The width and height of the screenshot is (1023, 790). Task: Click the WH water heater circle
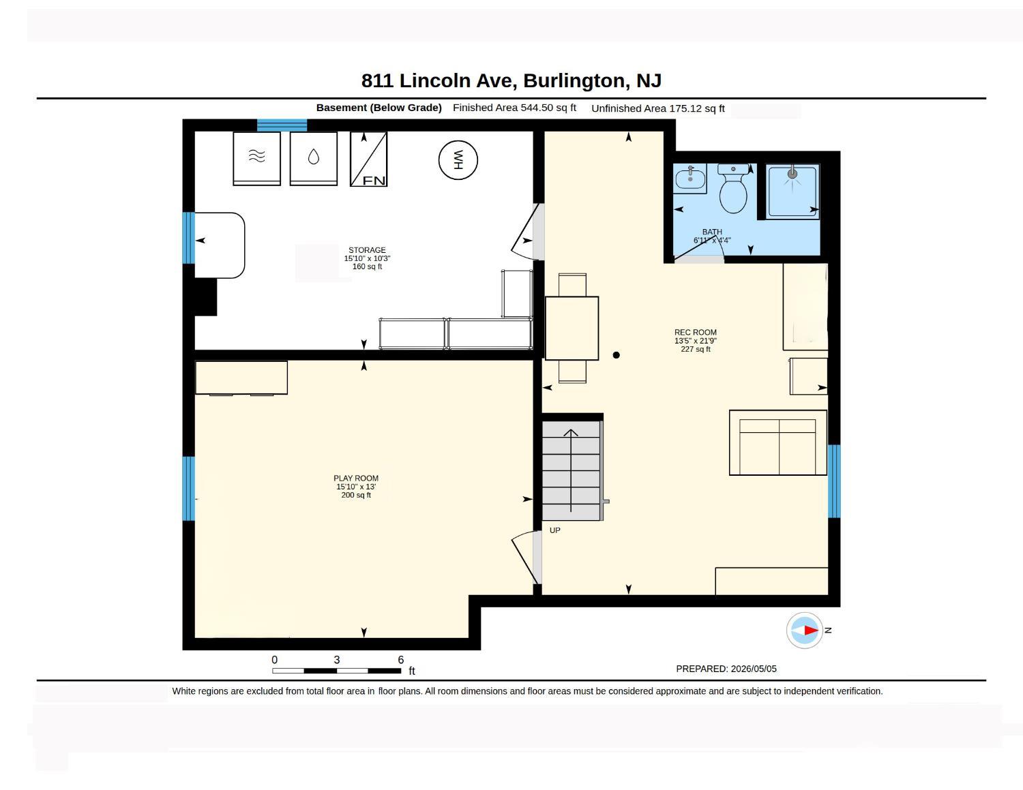(x=458, y=160)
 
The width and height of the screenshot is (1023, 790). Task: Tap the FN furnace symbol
(x=368, y=159)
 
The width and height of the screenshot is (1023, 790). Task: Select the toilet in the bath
(x=732, y=188)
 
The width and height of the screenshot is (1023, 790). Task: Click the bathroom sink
(x=690, y=179)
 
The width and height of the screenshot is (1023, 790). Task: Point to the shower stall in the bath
(x=792, y=191)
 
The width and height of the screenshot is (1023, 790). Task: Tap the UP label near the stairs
(x=554, y=530)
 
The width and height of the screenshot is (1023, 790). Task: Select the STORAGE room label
(x=367, y=250)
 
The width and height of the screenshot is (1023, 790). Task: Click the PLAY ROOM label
(x=356, y=478)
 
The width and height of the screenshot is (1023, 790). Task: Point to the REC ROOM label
(x=695, y=332)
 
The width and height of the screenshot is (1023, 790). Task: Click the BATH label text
(x=712, y=232)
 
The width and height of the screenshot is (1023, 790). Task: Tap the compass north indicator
(x=804, y=630)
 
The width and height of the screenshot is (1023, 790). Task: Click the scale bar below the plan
(x=336, y=671)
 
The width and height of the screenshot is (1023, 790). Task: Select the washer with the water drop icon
(x=313, y=159)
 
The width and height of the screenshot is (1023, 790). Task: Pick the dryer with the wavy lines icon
(x=256, y=159)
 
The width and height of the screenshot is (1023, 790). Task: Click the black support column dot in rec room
(x=616, y=355)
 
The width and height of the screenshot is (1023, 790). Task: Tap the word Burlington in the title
(x=577, y=80)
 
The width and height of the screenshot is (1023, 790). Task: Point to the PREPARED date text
(x=726, y=669)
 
